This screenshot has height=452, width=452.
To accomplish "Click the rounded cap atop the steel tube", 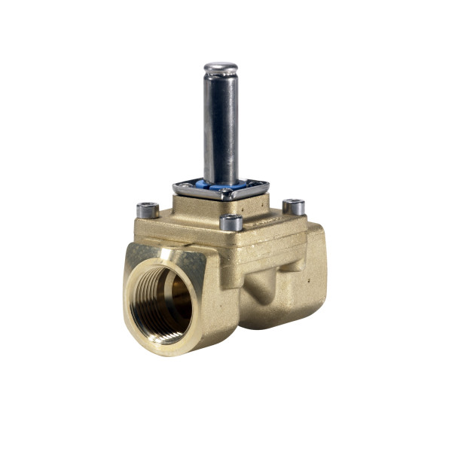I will point(220,68).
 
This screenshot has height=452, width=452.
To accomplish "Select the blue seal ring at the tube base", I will point(221,183).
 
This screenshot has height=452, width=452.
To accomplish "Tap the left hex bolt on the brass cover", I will point(146,209).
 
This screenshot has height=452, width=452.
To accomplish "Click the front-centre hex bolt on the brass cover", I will point(231,222).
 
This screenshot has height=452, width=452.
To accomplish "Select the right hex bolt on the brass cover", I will point(293,206).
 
